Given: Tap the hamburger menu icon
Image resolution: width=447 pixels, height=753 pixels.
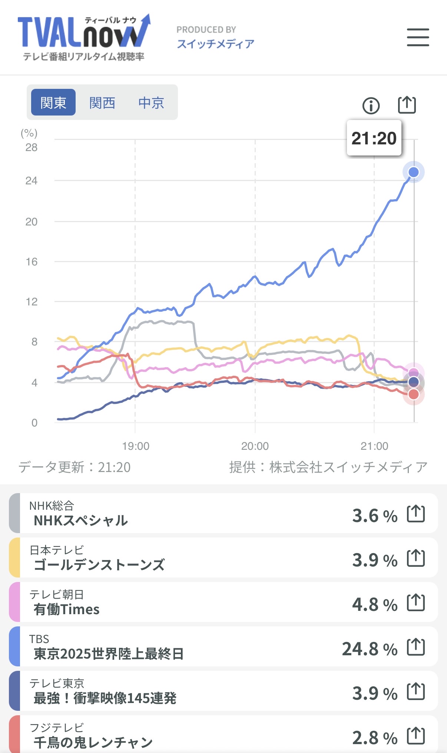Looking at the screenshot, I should (x=418, y=37).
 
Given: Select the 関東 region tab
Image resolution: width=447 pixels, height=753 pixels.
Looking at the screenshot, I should (x=53, y=103).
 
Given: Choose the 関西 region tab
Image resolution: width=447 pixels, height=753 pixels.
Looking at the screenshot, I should (x=102, y=103).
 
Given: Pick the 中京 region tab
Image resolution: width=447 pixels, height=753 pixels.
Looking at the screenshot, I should (x=151, y=103).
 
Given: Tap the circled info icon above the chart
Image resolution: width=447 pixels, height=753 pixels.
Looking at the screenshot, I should (x=371, y=106).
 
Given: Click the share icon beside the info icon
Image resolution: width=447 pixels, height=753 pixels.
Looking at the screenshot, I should (x=407, y=105).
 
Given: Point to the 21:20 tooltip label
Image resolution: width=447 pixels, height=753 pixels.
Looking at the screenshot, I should (x=374, y=138).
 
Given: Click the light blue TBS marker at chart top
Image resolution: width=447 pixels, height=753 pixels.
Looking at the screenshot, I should (x=413, y=172).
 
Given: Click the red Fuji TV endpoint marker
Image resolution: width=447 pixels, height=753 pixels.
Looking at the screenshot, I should (x=413, y=395).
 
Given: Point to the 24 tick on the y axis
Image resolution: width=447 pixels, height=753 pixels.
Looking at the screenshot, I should (x=32, y=181).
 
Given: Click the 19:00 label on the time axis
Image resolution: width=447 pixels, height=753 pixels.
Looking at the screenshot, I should (x=136, y=446).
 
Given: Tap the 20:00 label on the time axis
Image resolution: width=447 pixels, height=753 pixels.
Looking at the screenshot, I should (x=255, y=446).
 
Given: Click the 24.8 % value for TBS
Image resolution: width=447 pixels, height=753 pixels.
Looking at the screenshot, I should (x=369, y=649).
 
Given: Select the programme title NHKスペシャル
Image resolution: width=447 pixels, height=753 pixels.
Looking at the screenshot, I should (x=81, y=521).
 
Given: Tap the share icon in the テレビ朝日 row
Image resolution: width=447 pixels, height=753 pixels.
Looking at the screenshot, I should (x=415, y=603).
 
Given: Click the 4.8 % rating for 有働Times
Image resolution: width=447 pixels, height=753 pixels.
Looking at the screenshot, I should (x=374, y=605).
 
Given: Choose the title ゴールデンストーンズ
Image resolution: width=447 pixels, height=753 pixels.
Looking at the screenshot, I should (x=99, y=565).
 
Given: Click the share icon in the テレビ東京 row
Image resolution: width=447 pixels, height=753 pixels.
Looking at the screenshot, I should (x=415, y=692).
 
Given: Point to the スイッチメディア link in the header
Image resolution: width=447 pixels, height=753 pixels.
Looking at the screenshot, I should (x=215, y=44).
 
